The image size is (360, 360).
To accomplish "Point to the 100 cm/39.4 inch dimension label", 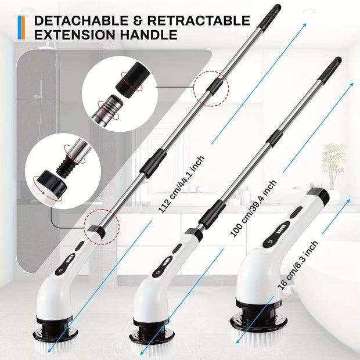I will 254,207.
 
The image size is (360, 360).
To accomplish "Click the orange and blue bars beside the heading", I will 21,28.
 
